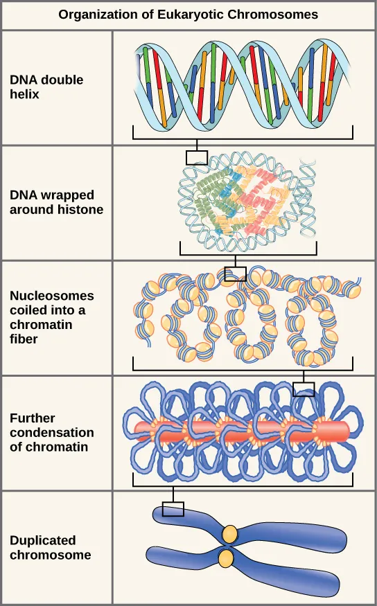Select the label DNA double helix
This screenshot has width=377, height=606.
tap(46, 87)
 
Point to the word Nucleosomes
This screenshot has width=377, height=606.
tap(52, 296)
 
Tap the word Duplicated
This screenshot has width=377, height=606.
tap(43, 540)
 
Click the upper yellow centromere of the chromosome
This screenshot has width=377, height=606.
tap(229, 533)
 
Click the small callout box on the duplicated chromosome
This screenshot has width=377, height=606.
tap(173, 509)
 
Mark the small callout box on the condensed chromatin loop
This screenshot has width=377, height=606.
tap(304, 389)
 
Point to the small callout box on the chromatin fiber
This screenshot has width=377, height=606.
tap(236, 274)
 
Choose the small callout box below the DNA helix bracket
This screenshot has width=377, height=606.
tap(197, 157)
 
